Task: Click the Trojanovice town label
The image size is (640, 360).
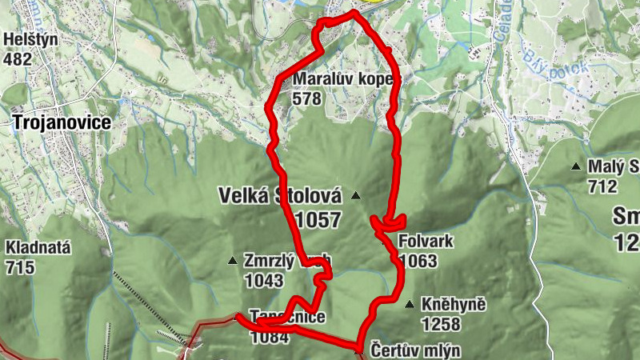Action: [60, 122]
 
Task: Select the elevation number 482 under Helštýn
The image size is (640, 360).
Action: [18, 59]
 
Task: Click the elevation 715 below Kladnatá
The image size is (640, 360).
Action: [19, 266]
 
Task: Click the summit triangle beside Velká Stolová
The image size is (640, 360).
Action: [356, 195]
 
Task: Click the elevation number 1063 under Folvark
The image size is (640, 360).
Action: [418, 261]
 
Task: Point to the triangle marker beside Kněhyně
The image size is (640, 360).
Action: [410, 304]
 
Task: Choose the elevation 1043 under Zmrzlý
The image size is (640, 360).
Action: [265, 280]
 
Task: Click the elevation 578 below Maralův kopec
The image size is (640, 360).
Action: [306, 99]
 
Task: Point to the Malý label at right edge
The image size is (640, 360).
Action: [613, 167]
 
